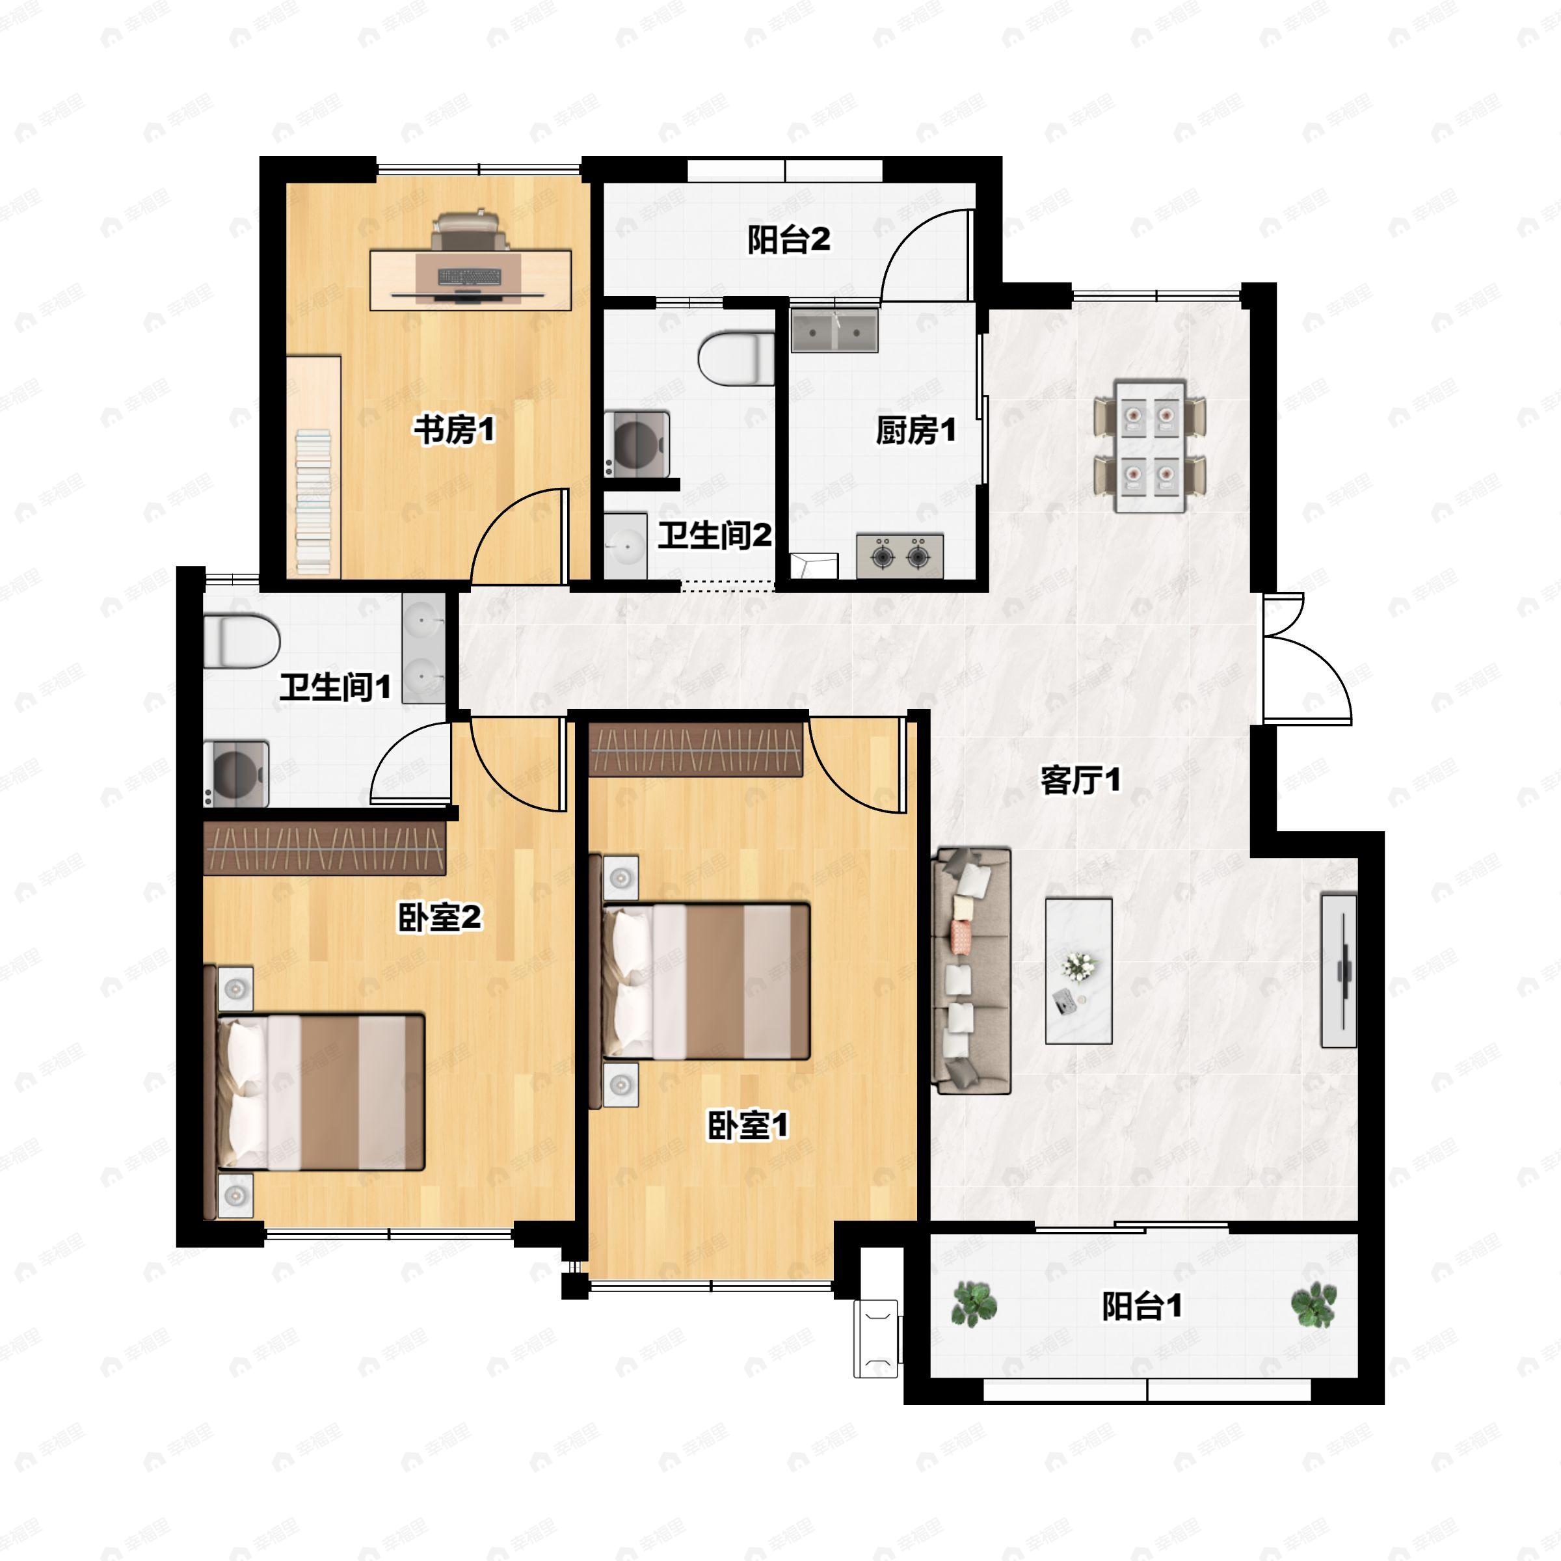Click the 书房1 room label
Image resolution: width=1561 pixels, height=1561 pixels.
tap(454, 430)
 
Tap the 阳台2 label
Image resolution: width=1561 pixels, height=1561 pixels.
tap(788, 240)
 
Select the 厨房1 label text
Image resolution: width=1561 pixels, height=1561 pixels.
tap(916, 431)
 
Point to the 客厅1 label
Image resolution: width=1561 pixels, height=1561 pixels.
tap(1081, 780)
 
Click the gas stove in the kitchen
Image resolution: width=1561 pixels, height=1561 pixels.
tap(900, 555)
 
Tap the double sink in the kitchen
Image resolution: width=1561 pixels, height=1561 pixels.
tap(834, 330)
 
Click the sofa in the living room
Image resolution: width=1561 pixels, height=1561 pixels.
tap(971, 970)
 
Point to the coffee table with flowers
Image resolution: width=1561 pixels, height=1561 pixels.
tap(1078, 970)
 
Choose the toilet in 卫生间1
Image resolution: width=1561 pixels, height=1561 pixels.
tap(241, 641)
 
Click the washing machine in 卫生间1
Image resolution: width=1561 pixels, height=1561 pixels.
tap(236, 774)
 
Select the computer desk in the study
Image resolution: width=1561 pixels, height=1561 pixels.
tap(471, 280)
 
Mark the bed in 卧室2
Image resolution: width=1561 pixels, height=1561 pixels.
tap(321, 1093)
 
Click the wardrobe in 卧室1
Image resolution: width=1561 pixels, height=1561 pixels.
tap(696, 749)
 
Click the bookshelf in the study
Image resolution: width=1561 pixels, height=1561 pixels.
tap(314, 466)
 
